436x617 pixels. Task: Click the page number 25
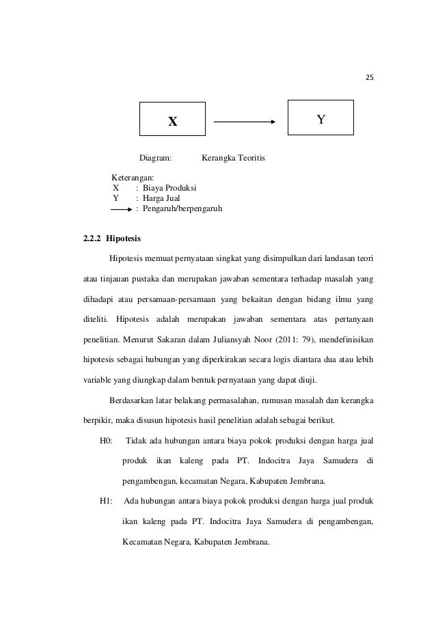(x=370, y=77)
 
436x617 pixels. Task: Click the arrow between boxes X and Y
(x=245, y=123)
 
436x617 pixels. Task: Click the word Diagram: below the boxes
(x=156, y=159)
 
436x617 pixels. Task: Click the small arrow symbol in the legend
(x=121, y=208)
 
